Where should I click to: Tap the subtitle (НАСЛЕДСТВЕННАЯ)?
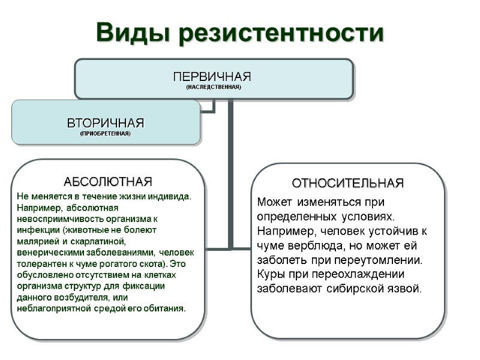213,87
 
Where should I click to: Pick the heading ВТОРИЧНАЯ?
106,122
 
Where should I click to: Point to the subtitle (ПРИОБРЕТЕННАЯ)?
106,133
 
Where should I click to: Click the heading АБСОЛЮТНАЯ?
108,181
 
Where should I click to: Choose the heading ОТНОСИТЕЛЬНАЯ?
347,182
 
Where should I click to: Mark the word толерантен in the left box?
40,263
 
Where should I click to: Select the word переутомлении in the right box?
388,260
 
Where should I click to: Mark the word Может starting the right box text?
271,202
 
